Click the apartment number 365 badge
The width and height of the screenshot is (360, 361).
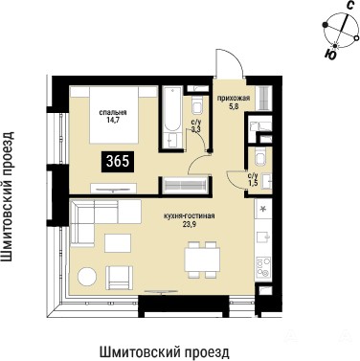tap(118, 162)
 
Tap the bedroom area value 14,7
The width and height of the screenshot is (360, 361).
tap(113, 120)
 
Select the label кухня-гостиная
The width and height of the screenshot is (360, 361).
tap(190, 216)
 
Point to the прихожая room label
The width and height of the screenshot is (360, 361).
tap(234, 99)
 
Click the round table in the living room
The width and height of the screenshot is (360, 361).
tap(87, 277)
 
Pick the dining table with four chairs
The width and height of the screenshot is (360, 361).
tap(203, 259)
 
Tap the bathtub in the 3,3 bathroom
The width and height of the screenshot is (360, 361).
tap(172, 118)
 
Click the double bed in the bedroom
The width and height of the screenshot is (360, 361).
tap(114, 114)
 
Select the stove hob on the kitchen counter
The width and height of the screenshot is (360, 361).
tap(263, 268)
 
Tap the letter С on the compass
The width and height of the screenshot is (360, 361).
tap(350, 5)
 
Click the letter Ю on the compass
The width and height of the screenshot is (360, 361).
tap(330, 55)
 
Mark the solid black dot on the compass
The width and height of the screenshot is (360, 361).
tap(326, 25)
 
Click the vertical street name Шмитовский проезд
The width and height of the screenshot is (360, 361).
tap(10, 196)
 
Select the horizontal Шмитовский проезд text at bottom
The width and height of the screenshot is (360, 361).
tap(165, 352)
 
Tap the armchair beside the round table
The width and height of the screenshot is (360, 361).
tap(119, 278)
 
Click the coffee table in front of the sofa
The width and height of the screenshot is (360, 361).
tap(118, 243)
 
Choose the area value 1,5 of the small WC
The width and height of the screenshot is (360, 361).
tap(253, 181)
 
